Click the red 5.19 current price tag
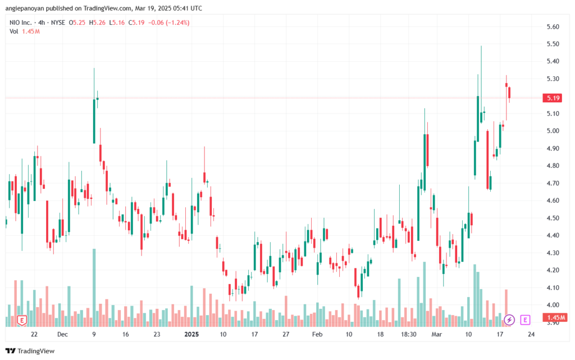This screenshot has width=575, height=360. point(552,98)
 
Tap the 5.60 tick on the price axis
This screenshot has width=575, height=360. point(553,26)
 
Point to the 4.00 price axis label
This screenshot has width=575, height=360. point(553,305)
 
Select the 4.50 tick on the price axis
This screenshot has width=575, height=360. point(553,218)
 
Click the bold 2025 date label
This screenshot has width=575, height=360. point(191,334)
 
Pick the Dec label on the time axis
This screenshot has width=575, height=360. point(62,334)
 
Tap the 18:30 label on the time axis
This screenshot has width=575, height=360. point(409,334)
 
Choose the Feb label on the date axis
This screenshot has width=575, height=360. point(317,334)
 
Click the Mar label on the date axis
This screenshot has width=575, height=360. point(436,334)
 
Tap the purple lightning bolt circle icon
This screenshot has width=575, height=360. point(509,320)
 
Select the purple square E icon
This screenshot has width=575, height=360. point(525,320)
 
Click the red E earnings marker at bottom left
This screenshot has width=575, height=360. point(22,321)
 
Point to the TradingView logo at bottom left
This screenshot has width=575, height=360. point(30,351)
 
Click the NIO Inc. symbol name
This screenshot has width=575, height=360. point(21,22)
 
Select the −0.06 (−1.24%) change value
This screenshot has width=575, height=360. point(168,22)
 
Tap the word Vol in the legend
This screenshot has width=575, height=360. point(13,31)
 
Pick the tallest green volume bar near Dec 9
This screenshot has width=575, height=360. point(94,288)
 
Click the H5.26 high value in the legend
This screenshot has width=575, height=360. point(97,22)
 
